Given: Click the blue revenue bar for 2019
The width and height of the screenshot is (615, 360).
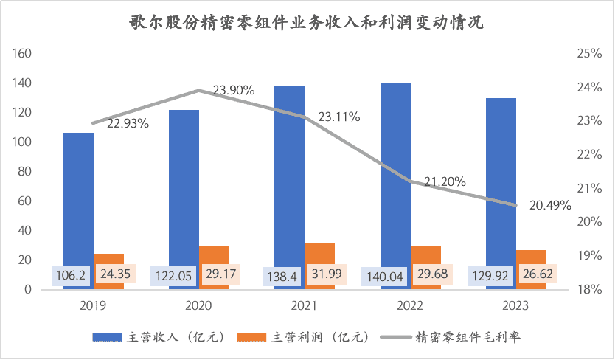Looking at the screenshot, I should tap(78, 199).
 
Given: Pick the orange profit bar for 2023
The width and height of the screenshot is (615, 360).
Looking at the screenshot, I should tap(532, 255).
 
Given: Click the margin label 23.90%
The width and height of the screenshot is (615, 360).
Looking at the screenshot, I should tap(234, 91).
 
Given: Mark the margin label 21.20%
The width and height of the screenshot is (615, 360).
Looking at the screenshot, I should tap(445, 181).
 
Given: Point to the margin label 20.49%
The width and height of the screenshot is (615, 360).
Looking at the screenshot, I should tap(551, 206).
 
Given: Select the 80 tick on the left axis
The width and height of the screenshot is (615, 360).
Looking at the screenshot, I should tap(25, 172).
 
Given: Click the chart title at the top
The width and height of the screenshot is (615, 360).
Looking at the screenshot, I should tap(307, 23).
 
